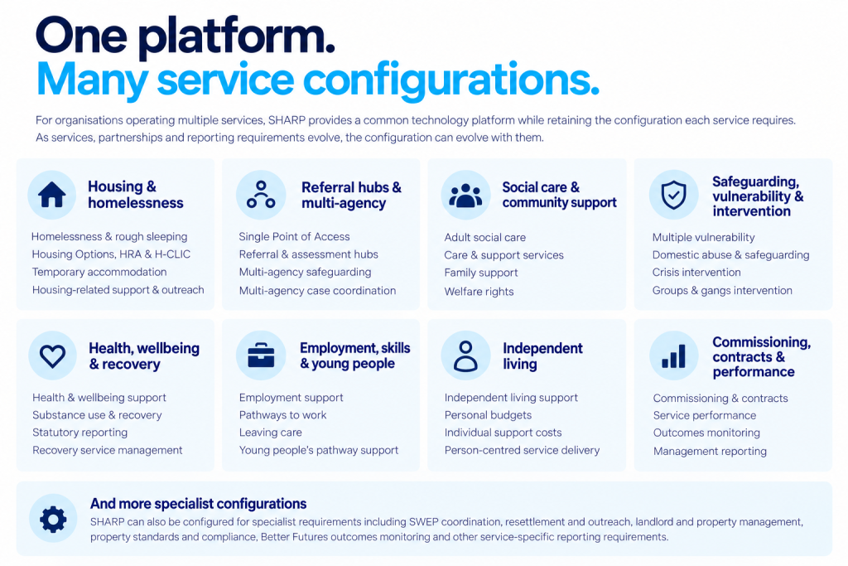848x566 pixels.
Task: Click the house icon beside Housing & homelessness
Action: pyautogui.click(x=52, y=195)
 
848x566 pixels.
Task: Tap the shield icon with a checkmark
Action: pyautogui.click(x=674, y=195)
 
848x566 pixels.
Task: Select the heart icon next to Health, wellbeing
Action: pyautogui.click(x=52, y=356)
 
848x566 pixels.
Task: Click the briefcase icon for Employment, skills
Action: pyautogui.click(x=261, y=356)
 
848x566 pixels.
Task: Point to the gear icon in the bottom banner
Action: pyautogui.click(x=53, y=519)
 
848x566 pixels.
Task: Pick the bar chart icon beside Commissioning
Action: pyautogui.click(x=673, y=356)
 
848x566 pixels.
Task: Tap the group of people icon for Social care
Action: pyautogui.click(x=465, y=196)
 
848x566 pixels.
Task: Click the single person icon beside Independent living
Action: pyautogui.click(x=465, y=356)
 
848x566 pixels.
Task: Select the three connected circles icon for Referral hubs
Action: pyautogui.click(x=261, y=195)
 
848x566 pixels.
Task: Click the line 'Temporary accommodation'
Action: pyautogui.click(x=99, y=272)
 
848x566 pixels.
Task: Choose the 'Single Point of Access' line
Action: pyautogui.click(x=294, y=236)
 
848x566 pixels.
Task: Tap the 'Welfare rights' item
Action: pyautogui.click(x=479, y=291)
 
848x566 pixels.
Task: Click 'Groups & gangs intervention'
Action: pyautogui.click(x=722, y=290)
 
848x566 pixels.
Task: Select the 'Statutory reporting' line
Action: pyautogui.click(x=80, y=433)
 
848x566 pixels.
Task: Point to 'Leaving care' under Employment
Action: pyautogui.click(x=271, y=433)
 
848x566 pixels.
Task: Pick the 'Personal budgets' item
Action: pyautogui.click(x=488, y=415)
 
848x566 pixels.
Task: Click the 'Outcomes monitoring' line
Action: pyautogui.click(x=706, y=433)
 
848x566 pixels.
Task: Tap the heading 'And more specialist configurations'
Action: pyautogui.click(x=198, y=504)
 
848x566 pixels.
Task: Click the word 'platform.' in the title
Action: pyautogui.click(x=236, y=36)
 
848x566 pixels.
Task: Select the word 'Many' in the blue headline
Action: pyautogui.click(x=92, y=80)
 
